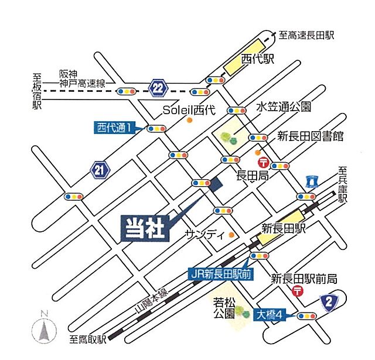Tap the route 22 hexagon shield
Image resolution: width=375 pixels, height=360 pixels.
[x=158, y=87]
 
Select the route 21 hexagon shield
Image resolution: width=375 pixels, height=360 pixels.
[x=100, y=170]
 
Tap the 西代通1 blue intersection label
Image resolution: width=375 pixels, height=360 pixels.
[x=115, y=126]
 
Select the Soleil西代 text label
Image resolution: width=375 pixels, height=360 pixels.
[x=189, y=109]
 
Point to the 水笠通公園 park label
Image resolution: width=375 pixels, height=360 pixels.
[x=284, y=108]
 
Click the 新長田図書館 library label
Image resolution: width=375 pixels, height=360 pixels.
[x=311, y=136]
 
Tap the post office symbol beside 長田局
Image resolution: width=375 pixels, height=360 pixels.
[x=264, y=162]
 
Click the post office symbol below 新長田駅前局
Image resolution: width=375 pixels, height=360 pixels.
[x=298, y=291]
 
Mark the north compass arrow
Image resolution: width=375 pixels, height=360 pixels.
[x=44, y=330]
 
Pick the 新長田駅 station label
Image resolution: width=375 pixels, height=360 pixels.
[x=284, y=228]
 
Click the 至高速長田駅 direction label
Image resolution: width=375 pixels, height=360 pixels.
[x=306, y=35]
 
